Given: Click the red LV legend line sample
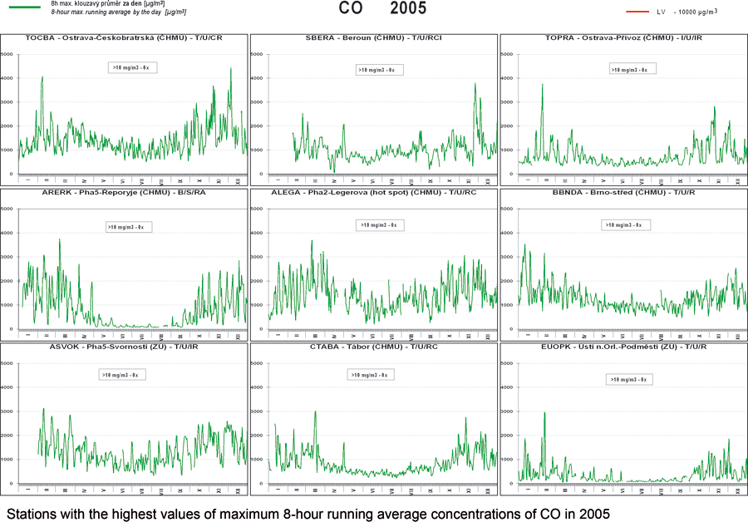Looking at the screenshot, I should click(636, 12).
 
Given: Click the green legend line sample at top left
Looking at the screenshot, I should click(22, 5).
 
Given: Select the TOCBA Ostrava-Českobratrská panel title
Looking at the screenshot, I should click(124, 38).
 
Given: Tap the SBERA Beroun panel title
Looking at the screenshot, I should click(374, 38).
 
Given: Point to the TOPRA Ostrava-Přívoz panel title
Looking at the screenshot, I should click(623, 38).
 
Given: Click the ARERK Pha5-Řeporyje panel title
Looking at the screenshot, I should click(124, 192).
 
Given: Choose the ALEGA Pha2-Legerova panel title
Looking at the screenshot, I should click(374, 192).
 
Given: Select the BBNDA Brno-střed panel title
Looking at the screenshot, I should click(623, 192).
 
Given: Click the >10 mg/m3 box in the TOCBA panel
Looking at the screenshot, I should click(134, 66).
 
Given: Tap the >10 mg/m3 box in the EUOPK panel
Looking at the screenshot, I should click(628, 379).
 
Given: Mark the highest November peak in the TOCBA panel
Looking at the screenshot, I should click(231, 68).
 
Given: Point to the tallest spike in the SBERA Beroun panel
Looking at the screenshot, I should click(475, 83).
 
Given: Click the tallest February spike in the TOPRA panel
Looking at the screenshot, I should click(542, 84).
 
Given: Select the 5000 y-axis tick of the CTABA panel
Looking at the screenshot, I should click(259, 363).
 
